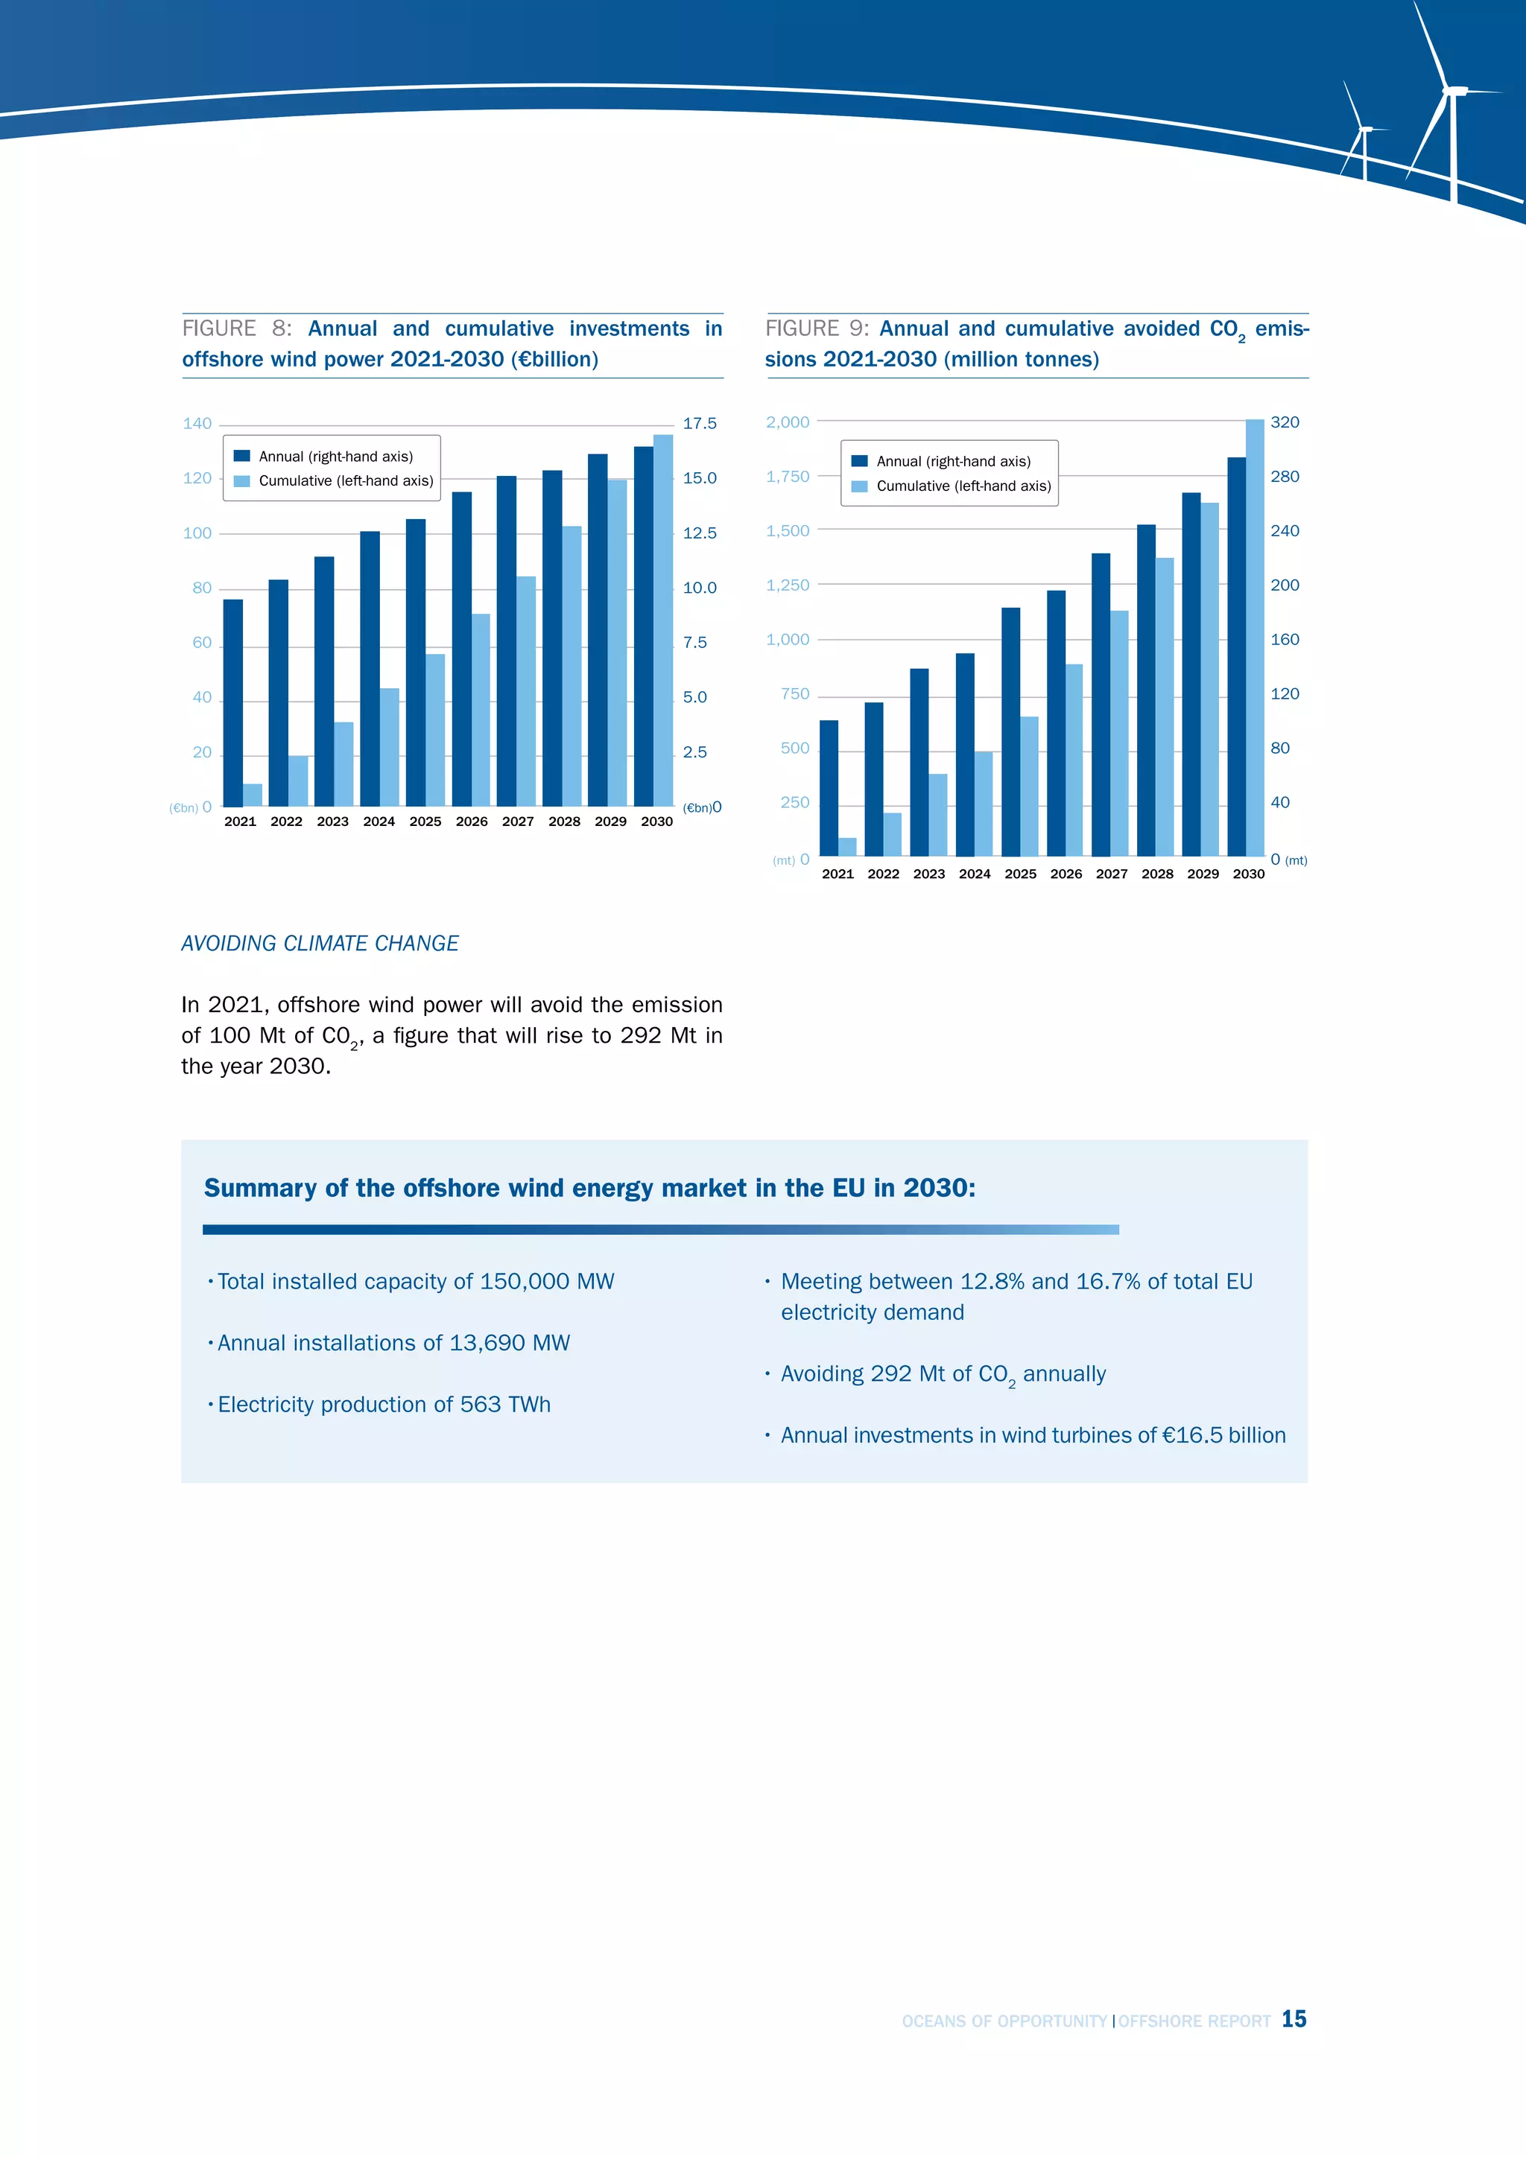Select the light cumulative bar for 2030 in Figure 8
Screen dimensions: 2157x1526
[662, 620]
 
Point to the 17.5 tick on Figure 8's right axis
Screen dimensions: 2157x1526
[699, 424]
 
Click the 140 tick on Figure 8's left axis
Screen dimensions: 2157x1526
[197, 424]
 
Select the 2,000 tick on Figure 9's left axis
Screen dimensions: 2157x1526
[788, 422]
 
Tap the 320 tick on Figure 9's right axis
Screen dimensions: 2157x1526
[1285, 422]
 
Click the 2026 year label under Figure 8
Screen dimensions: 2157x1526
[472, 821]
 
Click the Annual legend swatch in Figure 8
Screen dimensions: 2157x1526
[242, 457]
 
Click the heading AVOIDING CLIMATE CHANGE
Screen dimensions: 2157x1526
[320, 943]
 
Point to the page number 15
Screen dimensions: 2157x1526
[1294, 2019]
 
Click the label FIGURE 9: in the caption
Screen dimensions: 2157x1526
[817, 328]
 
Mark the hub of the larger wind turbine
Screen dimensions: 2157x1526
[1454, 91]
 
